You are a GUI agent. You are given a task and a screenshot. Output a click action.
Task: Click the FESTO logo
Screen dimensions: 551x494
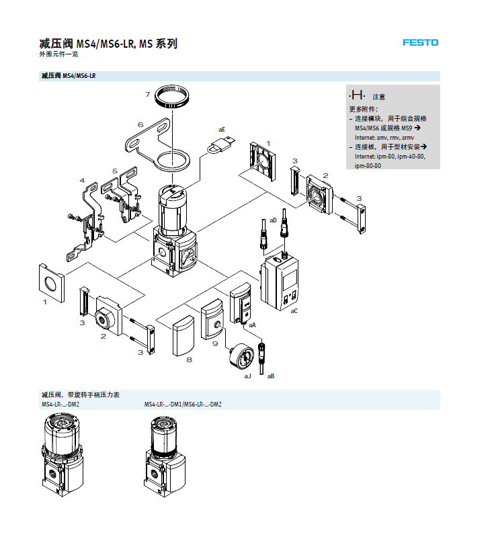point(421,42)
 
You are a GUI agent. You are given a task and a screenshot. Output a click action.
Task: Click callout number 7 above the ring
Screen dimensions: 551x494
point(147,95)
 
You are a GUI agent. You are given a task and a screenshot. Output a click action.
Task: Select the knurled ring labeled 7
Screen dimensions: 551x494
point(172,96)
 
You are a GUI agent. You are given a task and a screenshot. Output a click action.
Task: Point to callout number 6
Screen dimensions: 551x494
point(140,124)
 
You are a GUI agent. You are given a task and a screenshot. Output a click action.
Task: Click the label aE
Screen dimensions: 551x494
point(222,128)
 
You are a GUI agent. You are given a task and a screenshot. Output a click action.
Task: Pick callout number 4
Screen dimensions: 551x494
point(83,180)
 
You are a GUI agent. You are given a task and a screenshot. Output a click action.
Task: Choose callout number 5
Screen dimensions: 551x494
point(114,171)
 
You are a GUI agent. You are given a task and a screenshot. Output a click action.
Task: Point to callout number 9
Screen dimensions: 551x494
point(215,343)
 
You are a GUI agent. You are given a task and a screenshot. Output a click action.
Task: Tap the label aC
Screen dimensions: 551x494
point(294,311)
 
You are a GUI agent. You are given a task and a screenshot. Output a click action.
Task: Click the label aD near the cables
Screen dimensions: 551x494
point(273,220)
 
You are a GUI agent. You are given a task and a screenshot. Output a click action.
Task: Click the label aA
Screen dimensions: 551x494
point(252,325)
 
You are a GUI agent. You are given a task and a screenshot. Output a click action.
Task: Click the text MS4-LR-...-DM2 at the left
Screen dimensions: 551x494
point(60,405)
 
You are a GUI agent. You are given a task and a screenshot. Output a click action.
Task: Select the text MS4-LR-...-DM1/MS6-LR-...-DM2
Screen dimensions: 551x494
point(183,405)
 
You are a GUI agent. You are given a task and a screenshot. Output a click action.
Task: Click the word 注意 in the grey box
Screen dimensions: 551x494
point(378,97)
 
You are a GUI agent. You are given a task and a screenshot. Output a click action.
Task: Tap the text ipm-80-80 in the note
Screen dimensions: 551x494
point(368,165)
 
